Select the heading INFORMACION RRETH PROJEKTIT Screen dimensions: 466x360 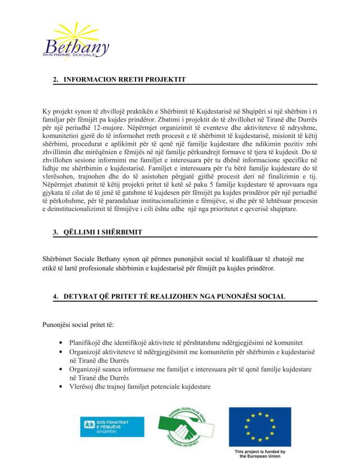124,80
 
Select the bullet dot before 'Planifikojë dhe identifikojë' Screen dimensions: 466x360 61,342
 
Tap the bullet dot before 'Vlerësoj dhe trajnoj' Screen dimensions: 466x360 61,387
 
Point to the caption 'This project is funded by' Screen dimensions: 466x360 260,452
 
